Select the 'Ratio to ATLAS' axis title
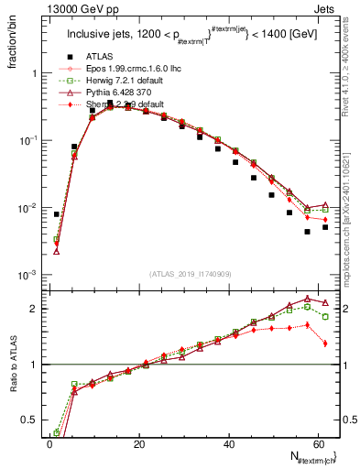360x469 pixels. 12,387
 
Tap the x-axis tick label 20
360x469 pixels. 138,442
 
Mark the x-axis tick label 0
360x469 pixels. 49,442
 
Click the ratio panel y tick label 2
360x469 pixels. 33,308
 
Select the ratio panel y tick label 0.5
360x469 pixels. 29,420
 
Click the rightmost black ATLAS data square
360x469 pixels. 325,226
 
